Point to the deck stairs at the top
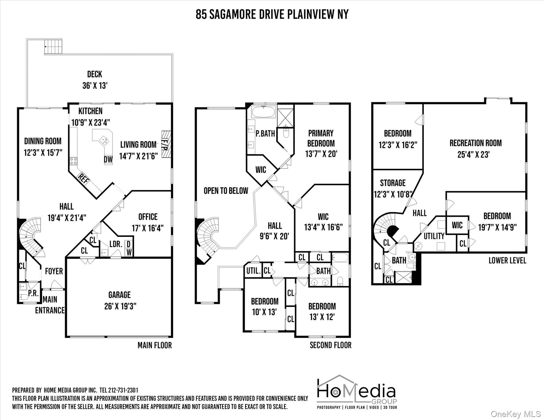53,46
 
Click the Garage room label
120,295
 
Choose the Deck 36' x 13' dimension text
95,86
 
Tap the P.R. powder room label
33,293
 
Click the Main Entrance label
50,305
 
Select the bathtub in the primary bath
264,112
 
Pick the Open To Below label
226,191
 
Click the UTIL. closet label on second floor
253,271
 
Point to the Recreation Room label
476,143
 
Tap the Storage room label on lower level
393,183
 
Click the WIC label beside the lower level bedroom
457,225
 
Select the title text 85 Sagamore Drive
241,14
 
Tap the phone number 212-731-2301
123,390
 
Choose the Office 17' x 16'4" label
148,222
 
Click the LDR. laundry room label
116,244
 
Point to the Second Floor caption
331,345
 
